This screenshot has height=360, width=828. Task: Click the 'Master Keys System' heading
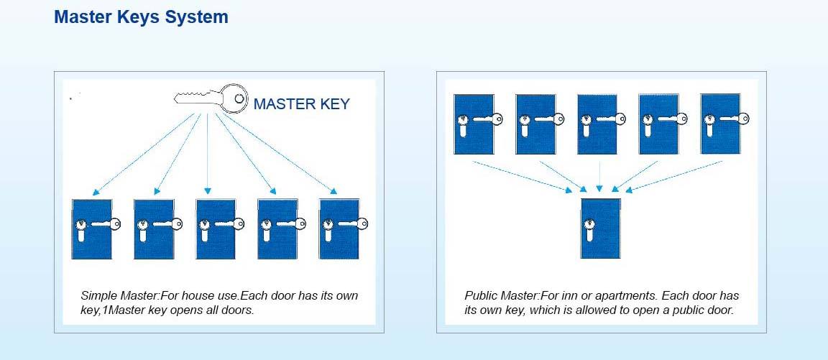[x=141, y=17]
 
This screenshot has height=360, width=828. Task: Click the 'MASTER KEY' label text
[x=301, y=104]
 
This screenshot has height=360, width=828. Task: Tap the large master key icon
[x=210, y=98]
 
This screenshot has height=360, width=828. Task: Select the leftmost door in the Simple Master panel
[x=91, y=229]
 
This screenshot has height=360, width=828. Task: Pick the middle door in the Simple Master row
[x=216, y=229]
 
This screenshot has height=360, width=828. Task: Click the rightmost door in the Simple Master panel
[x=339, y=229]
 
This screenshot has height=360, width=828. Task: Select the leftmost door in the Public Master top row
[x=473, y=123]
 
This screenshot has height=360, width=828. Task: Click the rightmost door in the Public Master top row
[x=720, y=123]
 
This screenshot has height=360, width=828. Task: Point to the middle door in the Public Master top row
[x=597, y=123]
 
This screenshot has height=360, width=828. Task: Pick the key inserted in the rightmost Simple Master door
[x=351, y=223]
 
